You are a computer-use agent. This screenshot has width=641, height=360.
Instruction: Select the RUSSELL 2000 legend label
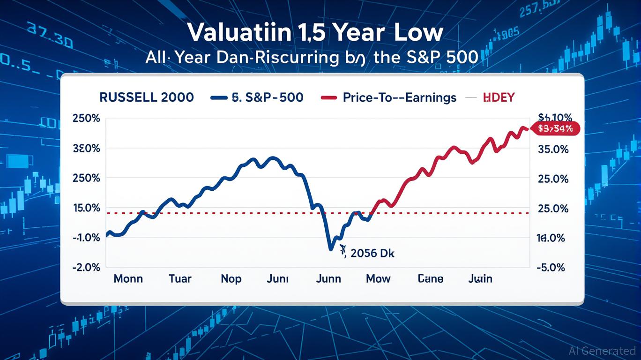pos(147,97)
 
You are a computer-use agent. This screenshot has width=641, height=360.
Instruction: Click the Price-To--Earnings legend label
pos(399,97)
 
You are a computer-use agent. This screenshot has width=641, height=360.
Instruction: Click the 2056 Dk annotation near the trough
pos(371,254)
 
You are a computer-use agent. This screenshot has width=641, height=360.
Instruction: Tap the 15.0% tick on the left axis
pos(87,208)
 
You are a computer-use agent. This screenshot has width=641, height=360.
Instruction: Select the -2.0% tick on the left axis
pos(87,267)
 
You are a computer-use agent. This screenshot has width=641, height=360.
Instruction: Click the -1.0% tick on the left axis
pos(87,238)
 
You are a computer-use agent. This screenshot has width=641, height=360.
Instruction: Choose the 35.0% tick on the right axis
pos(553,150)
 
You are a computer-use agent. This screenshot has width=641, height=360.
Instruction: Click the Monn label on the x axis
pos(129,279)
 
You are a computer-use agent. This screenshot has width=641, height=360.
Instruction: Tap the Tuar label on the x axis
pos(180,279)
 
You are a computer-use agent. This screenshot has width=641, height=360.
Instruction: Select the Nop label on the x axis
pos(231,279)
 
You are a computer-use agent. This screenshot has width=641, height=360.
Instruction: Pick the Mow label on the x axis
pos(378,279)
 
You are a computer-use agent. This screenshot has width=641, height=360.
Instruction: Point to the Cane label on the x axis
pos(430,279)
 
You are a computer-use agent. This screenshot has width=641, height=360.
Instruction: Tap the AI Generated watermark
pos(602,351)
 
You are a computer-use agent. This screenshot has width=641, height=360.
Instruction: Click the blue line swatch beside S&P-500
pos(220,97)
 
